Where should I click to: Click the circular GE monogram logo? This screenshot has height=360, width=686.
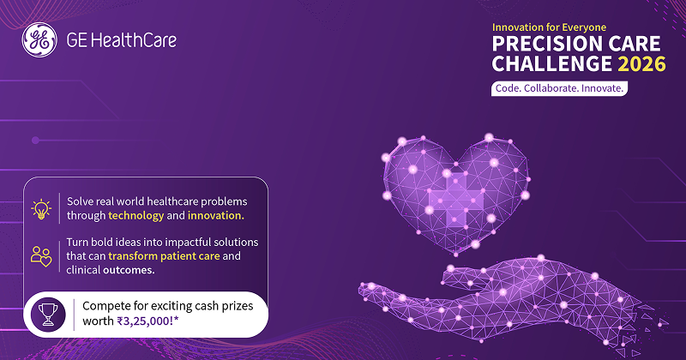pos(39,39)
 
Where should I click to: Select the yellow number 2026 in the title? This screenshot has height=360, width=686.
pos(641,64)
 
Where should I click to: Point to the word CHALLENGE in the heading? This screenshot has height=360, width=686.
pos(552,64)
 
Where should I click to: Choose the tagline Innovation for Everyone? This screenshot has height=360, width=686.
pos(549,27)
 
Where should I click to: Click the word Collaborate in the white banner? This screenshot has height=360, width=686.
pos(551,88)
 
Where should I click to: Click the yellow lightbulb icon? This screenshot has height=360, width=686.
pos(41,208)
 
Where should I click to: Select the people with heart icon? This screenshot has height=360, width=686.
pos(41,256)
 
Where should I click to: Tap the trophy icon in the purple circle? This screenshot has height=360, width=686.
pos(48,315)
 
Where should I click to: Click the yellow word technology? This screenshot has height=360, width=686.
pos(136,216)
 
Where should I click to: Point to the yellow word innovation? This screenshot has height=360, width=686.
pos(216,216)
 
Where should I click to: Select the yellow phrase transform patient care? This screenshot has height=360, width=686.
pos(164,256)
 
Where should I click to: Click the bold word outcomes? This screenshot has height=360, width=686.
pos(129,270)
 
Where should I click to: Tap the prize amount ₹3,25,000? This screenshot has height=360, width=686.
pos(147,321)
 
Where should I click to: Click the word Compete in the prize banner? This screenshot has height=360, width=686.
pos(102,307)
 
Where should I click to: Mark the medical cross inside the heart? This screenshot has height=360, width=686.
pos(456,200)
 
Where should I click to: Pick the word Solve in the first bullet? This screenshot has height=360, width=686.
pos(78,201)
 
